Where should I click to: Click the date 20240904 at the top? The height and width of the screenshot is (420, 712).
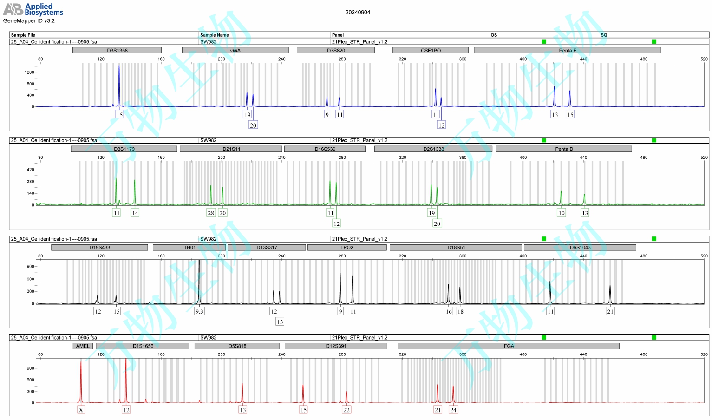tap(358, 13)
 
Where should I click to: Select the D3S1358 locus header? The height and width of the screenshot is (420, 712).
tap(117, 50)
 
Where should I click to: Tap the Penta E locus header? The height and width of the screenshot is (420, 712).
tap(567, 50)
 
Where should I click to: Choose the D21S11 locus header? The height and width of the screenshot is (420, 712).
tap(231, 149)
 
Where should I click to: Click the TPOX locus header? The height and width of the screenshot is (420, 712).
tap(347, 248)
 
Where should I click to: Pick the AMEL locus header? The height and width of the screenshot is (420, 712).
tap(83, 346)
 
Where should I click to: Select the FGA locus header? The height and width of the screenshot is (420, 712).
tap(509, 346)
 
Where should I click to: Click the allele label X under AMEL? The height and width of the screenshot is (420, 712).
tap(81, 410)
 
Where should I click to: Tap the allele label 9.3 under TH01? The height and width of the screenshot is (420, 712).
tap(199, 311)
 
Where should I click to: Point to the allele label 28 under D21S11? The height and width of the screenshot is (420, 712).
tap(211, 213)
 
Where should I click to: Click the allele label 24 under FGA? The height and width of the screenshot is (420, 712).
tap(453, 410)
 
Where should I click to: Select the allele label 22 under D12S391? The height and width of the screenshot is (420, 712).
tap(346, 410)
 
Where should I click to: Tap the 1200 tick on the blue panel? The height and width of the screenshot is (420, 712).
tap(29, 72)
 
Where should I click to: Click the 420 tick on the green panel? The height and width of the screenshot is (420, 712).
tap(30, 170)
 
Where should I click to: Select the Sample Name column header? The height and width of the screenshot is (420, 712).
tap(214, 35)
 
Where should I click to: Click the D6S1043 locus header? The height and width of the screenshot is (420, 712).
tap(580, 248)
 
